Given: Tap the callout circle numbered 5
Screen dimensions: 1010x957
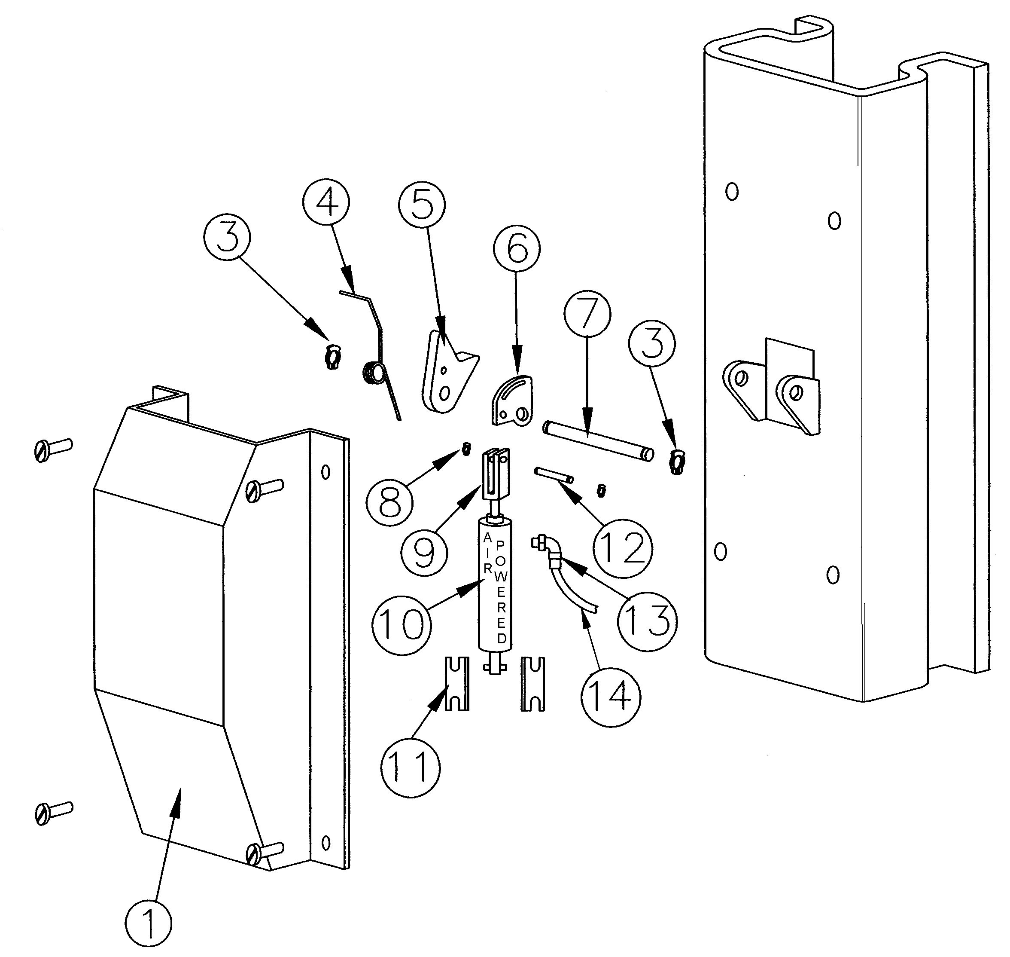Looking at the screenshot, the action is [x=422, y=204].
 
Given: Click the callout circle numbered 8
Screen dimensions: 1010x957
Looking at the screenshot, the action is [x=390, y=502].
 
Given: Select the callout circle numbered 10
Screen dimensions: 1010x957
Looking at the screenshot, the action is [x=401, y=624].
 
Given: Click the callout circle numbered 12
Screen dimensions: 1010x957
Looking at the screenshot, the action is [x=623, y=548].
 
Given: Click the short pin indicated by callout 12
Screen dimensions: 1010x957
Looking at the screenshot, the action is [x=554, y=475].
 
